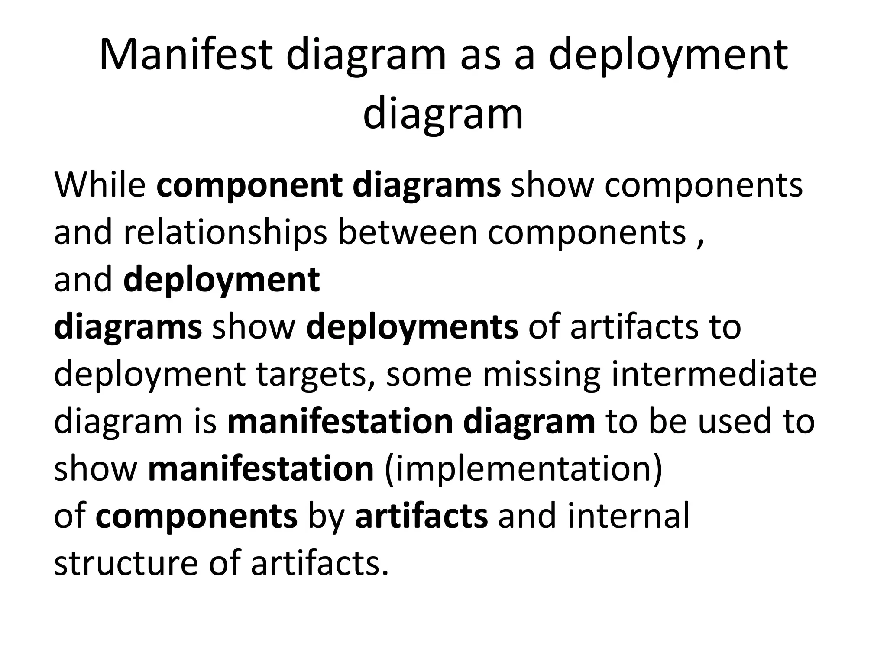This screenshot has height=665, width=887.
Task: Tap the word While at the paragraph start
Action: [100, 185]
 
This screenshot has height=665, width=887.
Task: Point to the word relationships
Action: [225, 232]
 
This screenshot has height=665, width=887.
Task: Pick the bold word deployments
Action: [411, 327]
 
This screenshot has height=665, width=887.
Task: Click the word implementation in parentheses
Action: [523, 469]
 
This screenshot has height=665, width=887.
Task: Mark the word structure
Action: [126, 563]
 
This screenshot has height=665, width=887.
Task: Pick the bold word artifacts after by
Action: [421, 516]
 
